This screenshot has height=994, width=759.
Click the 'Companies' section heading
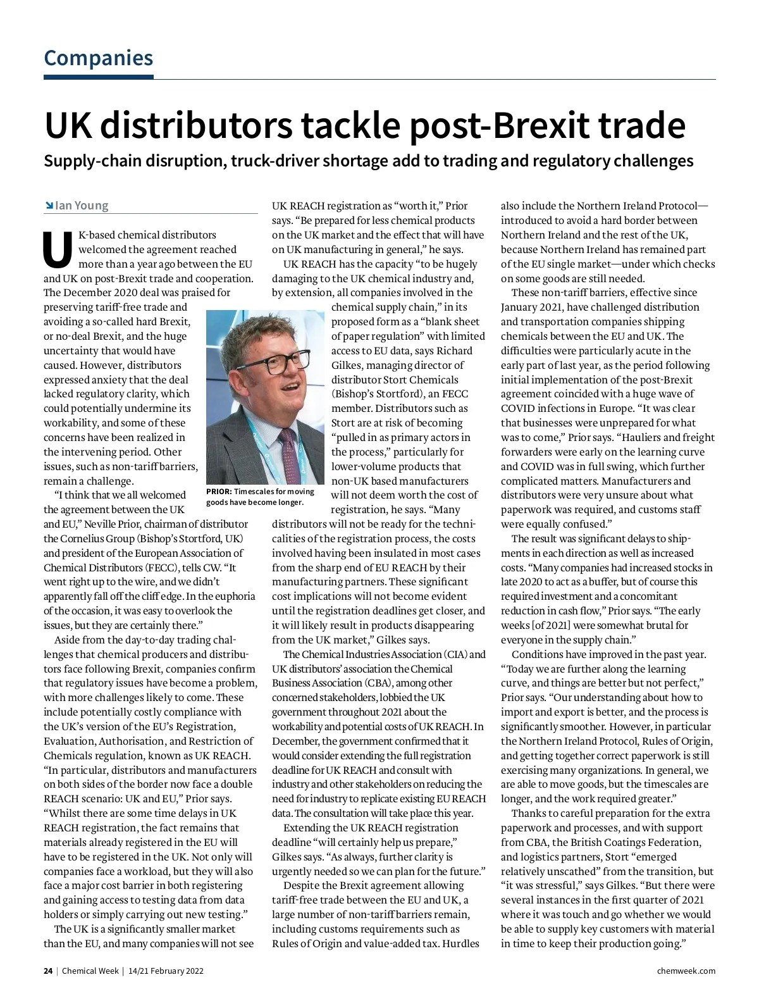[x=98, y=58]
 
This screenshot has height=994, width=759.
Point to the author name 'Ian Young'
[x=82, y=206]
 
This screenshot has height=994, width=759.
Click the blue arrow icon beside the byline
[x=49, y=206]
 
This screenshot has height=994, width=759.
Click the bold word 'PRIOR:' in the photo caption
[x=219, y=492]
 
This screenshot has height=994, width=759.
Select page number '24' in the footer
[x=48, y=971]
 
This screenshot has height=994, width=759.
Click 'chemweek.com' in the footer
[x=686, y=971]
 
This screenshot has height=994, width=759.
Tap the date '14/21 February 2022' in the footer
[x=166, y=971]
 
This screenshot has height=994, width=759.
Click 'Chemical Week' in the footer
[x=90, y=971]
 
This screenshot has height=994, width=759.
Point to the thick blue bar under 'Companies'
[x=98, y=77]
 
